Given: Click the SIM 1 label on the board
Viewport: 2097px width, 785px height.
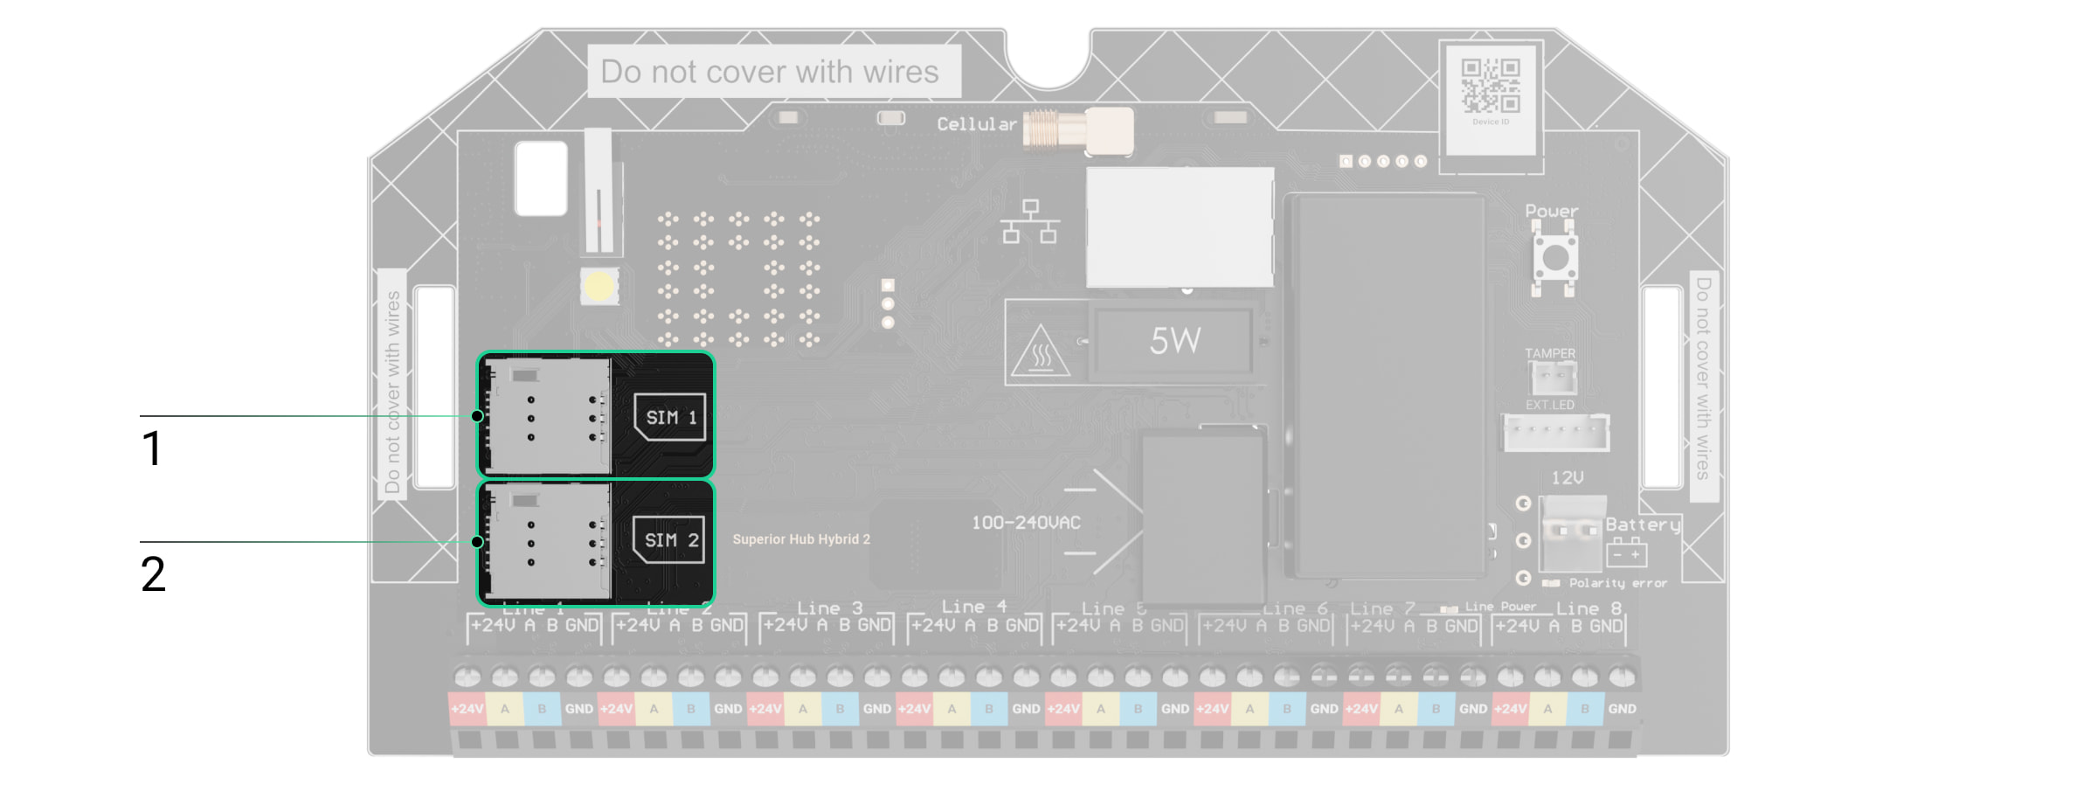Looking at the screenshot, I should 670,417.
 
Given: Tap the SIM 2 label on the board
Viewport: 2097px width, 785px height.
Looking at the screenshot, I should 669,540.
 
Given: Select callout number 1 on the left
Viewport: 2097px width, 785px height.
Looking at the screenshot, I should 152,448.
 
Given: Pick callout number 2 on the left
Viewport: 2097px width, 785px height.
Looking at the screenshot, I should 153,574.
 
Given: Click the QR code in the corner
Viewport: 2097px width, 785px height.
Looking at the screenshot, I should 1491,87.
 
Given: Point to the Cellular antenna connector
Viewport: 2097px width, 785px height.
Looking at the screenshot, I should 1078,130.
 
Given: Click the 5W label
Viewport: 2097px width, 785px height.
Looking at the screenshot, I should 1175,341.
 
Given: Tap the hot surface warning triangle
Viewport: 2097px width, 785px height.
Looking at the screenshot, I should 1040,352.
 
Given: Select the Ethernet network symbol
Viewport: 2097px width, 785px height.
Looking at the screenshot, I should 1030,222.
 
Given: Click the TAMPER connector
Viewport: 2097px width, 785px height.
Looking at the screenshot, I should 1553,378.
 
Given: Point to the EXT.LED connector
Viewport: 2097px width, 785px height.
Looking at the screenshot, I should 1555,432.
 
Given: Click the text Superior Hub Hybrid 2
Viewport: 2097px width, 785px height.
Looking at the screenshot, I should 801,539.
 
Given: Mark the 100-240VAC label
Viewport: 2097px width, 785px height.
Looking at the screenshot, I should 1026,523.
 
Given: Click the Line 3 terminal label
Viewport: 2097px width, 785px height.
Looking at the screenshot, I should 829,608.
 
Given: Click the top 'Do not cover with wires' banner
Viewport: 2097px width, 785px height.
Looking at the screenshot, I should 769,72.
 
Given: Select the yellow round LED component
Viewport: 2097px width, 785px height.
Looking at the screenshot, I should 599,286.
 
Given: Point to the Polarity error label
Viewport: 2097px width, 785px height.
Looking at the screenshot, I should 1617,583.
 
